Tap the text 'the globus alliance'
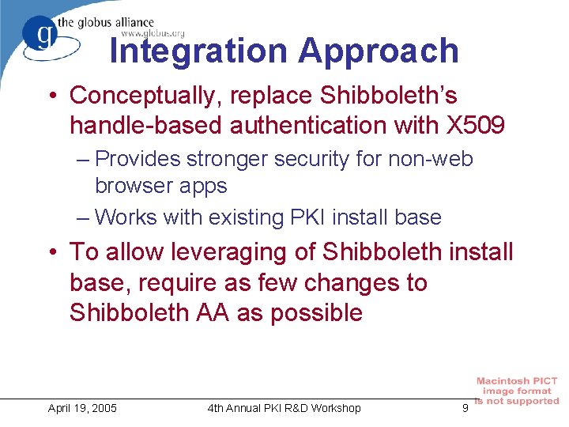pos(115,22)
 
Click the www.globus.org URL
pos(153,33)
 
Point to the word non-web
pos(430,159)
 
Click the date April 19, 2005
pos(82,408)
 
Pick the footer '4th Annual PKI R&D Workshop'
pos(284,408)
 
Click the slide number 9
pos(465,408)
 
